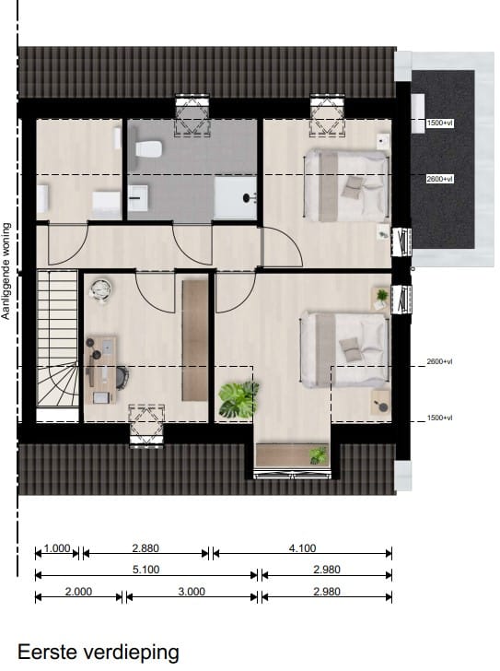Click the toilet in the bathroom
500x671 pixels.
point(148,148)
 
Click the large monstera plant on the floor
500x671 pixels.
point(237,400)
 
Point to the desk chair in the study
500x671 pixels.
point(122,375)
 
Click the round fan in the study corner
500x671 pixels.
point(99,290)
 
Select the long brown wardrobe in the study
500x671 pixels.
point(195,340)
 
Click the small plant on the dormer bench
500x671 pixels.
point(318,454)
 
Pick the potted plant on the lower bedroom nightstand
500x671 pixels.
point(380,297)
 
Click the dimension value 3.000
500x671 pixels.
point(191,592)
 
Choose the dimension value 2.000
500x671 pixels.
point(78,592)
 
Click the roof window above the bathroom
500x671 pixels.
point(192,114)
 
